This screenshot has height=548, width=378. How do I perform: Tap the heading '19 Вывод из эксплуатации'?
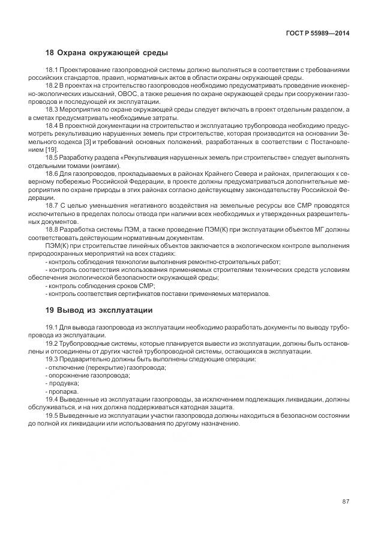(x=99, y=310)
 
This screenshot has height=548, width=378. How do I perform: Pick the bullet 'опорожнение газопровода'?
(x=89, y=375)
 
